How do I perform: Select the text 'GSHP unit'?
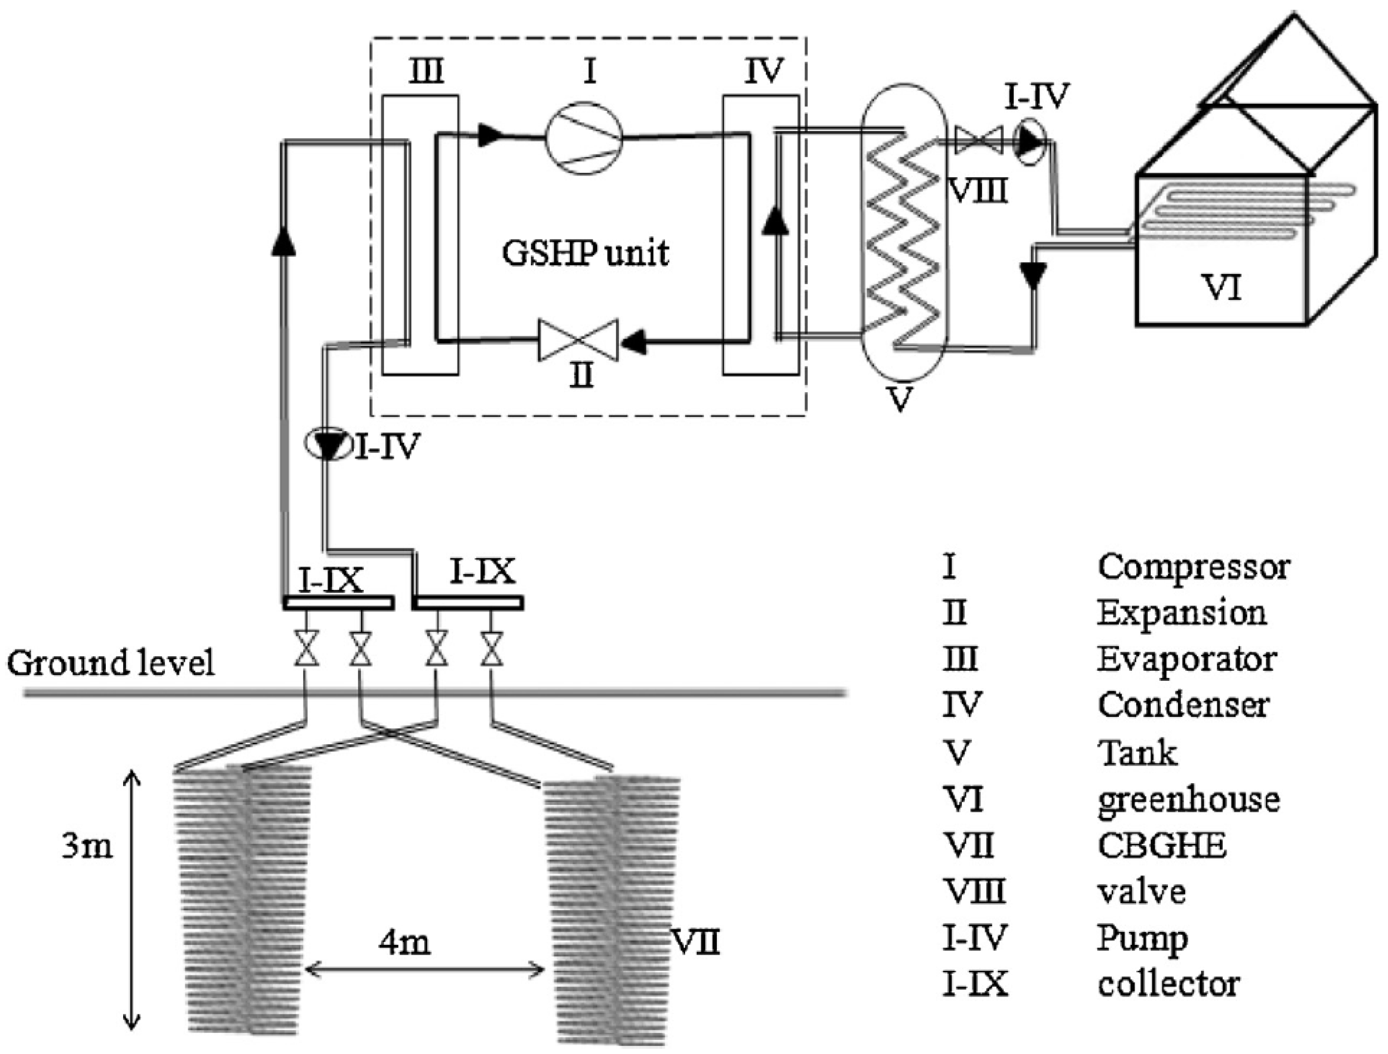tap(585, 253)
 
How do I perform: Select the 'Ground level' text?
tap(110, 662)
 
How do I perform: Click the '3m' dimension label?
tap(87, 846)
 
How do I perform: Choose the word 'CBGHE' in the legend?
tap(1162, 845)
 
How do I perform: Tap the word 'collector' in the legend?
tap(1169, 984)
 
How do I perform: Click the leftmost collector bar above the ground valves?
tap(338, 603)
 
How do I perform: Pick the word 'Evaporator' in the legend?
tap(1186, 660)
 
